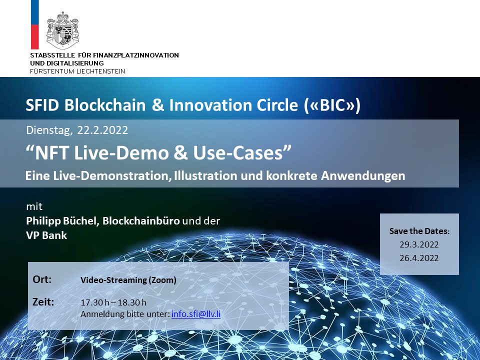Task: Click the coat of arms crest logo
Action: [62, 30]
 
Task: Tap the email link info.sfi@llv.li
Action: [196, 314]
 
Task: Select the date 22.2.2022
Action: [102, 130]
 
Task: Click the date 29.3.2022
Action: [419, 244]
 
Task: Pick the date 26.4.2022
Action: [419, 258]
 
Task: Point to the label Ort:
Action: [42, 279]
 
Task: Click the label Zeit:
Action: [43, 302]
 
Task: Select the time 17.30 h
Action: [95, 302]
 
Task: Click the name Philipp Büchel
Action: [62, 221]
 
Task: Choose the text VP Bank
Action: [46, 235]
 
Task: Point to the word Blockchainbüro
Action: [141, 220]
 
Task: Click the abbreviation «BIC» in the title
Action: [333, 105]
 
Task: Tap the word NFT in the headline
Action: [52, 153]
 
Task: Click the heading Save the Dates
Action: [419, 231]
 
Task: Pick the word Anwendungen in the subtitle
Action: [363, 175]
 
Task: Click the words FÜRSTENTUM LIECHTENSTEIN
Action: [77, 71]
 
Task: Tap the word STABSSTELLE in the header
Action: [52, 55]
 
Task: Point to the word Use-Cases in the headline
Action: [237, 153]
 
